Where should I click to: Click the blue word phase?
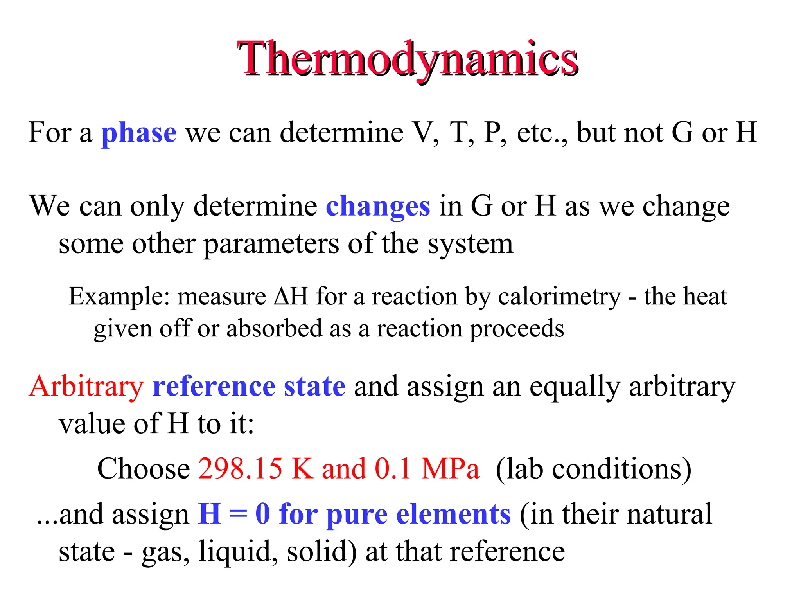tap(139, 133)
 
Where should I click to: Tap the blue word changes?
tap(378, 206)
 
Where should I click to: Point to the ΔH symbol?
tap(291, 296)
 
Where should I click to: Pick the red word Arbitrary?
tap(86, 387)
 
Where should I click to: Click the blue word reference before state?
tap(214, 387)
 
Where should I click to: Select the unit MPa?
tap(450, 468)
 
